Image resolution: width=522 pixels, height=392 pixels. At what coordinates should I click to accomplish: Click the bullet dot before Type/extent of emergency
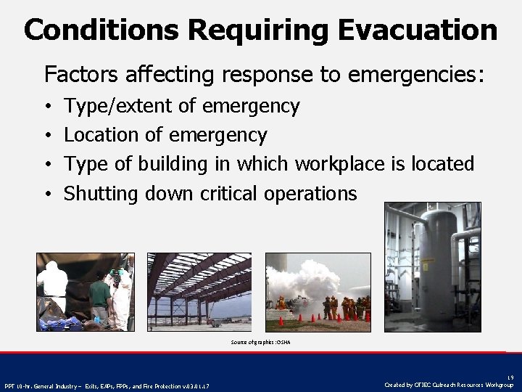click(47, 107)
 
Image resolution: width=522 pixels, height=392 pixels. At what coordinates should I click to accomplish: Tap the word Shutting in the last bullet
click(101, 193)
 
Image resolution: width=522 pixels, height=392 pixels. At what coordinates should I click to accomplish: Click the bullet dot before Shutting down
click(47, 194)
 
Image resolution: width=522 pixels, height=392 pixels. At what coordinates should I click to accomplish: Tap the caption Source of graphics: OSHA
click(260, 341)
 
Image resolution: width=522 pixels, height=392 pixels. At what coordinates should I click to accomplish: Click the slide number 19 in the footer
click(510, 377)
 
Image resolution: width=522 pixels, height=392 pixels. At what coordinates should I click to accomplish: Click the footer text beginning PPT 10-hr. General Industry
click(109, 385)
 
